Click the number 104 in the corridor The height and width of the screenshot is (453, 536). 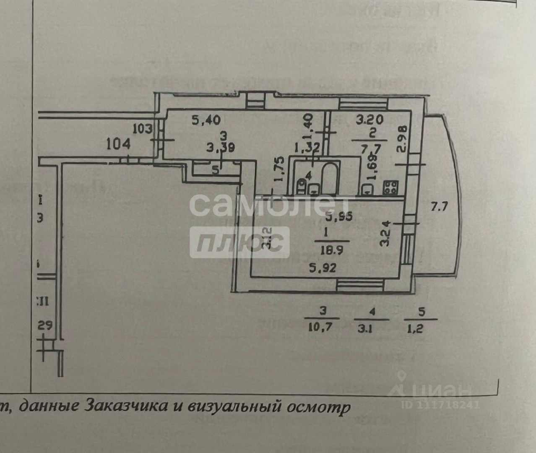point(119,145)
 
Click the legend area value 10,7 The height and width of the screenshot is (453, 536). point(323,328)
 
